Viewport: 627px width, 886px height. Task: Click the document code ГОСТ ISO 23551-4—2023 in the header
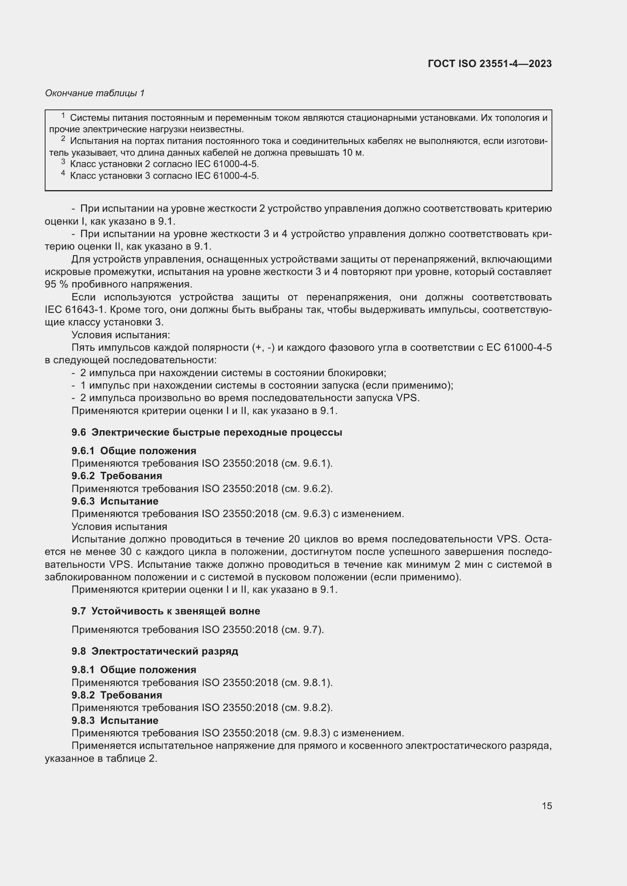[x=489, y=64]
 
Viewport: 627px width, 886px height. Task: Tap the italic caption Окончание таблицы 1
[x=95, y=93]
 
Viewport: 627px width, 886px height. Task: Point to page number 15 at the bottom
[x=547, y=806]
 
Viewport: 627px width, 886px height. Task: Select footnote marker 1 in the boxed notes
[x=63, y=116]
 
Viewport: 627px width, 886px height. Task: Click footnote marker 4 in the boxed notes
[x=63, y=173]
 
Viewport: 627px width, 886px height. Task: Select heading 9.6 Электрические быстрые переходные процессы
[x=207, y=433]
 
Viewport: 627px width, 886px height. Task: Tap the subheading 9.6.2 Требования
[x=117, y=476]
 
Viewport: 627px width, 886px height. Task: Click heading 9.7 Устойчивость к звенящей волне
[x=166, y=611]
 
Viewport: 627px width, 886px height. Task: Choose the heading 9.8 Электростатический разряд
[x=155, y=652]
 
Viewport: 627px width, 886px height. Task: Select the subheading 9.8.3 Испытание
[x=114, y=720]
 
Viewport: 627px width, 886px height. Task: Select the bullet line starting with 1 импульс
[x=262, y=386]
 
